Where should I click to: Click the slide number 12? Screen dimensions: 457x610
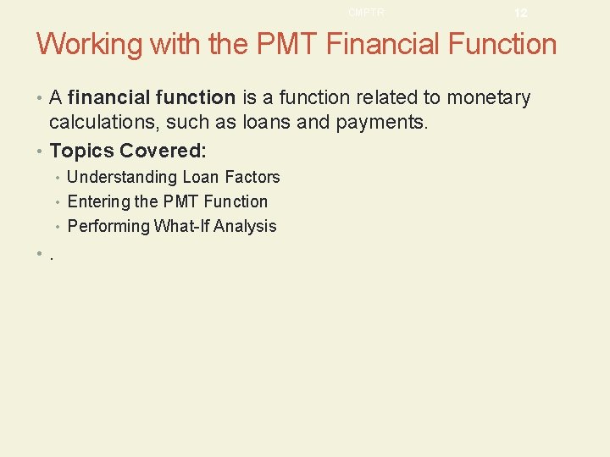coord(520,14)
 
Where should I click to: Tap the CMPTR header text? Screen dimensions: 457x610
coord(366,13)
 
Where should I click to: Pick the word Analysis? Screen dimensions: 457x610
coord(245,226)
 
